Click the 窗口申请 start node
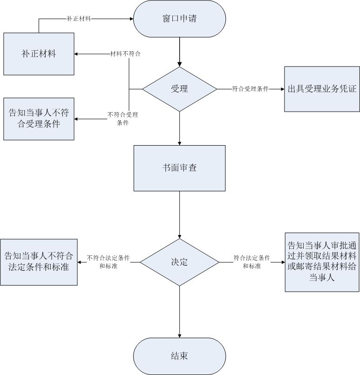[179, 20]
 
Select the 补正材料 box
[39, 54]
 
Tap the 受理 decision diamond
[179, 89]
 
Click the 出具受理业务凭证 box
[322, 89]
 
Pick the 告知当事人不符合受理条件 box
[39, 119]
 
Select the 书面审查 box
[179, 168]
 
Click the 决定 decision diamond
[179, 262]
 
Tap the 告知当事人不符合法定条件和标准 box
[39, 262]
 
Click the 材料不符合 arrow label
[125, 54]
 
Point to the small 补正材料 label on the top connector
[79, 19]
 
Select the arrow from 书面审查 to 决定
[179, 214]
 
